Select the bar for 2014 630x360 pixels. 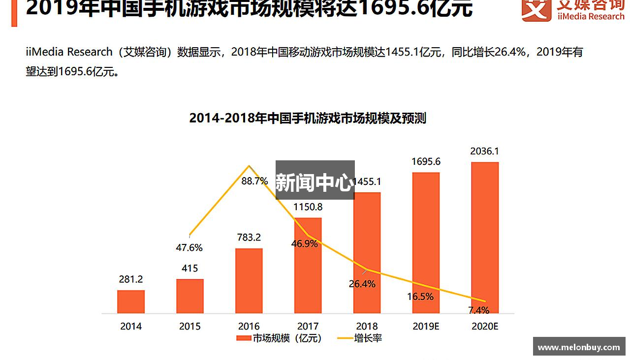pyautogui.click(x=131, y=301)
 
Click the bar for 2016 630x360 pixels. pyautogui.click(x=249, y=281)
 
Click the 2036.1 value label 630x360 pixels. pyautogui.click(x=484, y=151)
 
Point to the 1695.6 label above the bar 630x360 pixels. pyautogui.click(x=426, y=161)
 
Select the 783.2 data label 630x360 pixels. pyautogui.click(x=249, y=238)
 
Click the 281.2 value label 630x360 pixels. pyautogui.click(x=131, y=279)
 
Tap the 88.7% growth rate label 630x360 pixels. pyautogui.click(x=254, y=181)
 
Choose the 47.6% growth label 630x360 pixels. pyautogui.click(x=189, y=248)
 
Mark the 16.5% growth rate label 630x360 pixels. pyautogui.click(x=420, y=297)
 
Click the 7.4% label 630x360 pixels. pyautogui.click(x=478, y=310)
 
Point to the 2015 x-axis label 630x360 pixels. pyautogui.click(x=189, y=326)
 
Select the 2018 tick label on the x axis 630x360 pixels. pyautogui.click(x=367, y=326)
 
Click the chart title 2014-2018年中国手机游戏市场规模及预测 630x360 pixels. pyautogui.click(x=308, y=119)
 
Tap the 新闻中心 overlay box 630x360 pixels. pyautogui.click(x=315, y=180)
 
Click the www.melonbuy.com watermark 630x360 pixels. pyautogui.click(x=579, y=347)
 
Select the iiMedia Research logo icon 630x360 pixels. pyautogui.click(x=536, y=10)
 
